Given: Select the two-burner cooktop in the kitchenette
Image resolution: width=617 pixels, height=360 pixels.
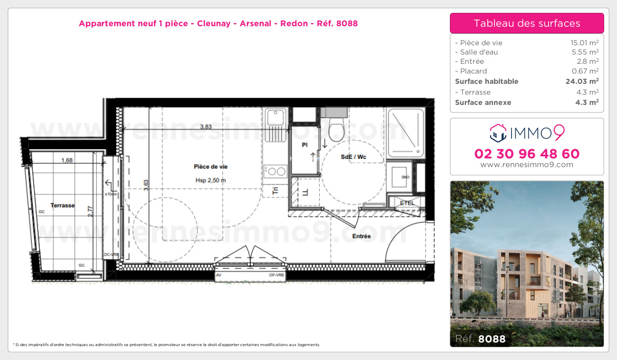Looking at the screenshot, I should [x=276, y=171].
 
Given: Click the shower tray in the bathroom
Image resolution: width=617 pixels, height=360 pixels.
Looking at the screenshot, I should [x=406, y=133].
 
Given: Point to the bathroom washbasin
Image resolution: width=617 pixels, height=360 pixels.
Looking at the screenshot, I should [x=400, y=177].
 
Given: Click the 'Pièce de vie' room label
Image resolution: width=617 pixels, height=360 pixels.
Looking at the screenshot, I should [x=211, y=167].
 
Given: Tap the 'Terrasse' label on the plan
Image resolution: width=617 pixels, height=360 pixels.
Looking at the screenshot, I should [x=62, y=205].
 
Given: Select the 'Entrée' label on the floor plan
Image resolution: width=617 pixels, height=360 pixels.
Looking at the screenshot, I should [x=361, y=236].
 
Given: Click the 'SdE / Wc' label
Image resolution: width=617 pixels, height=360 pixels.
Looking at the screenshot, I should [x=354, y=156].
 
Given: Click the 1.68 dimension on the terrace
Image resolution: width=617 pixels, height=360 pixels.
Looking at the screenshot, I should [x=66, y=160].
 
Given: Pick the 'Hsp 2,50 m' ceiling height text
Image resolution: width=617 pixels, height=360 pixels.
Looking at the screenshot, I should [x=211, y=180].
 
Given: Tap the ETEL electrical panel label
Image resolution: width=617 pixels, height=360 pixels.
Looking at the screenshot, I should [x=407, y=203].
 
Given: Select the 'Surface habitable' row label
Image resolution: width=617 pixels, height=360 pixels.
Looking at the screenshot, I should [x=486, y=81].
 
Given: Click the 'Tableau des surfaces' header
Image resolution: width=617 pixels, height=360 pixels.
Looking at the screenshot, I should [x=527, y=23].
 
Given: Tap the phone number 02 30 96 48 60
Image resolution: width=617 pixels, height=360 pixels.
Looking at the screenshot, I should [x=527, y=154].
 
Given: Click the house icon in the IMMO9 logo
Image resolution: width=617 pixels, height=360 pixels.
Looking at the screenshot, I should [x=498, y=133].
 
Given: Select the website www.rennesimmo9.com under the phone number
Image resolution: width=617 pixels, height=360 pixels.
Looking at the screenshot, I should [x=527, y=165].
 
